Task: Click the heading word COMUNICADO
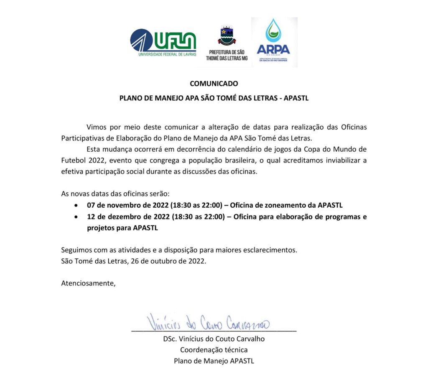point(214,84)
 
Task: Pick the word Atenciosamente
point(88,283)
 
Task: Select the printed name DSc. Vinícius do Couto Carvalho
point(214,339)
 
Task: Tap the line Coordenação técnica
point(214,350)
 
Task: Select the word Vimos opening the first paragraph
point(97,127)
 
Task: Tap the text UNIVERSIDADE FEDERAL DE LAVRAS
point(167,54)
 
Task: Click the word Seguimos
point(76,250)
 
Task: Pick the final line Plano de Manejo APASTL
point(214,361)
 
